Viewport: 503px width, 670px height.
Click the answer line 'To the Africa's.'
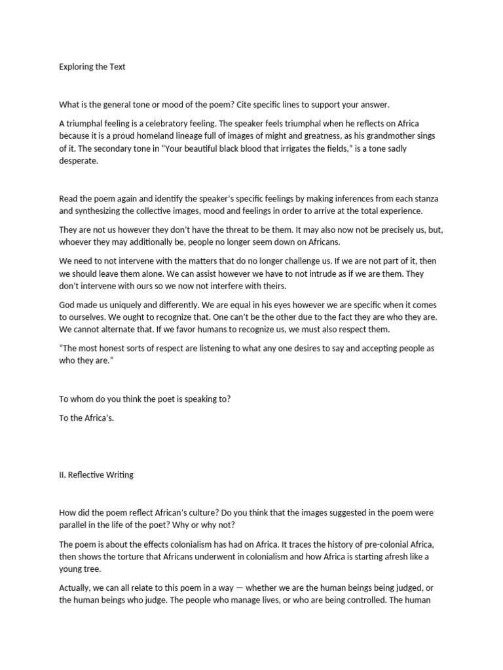[x=86, y=418]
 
